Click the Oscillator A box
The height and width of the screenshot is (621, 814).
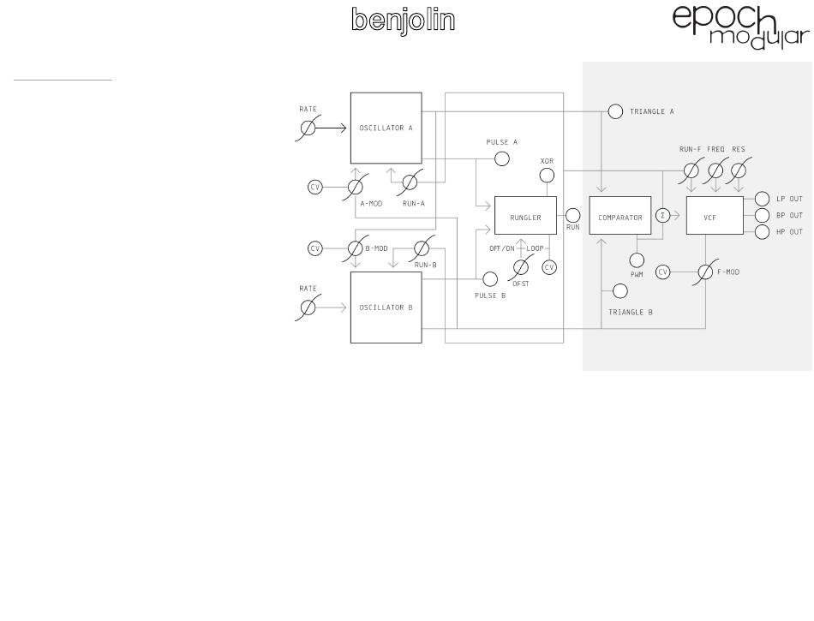point(386,128)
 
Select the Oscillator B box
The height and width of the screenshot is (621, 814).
point(386,308)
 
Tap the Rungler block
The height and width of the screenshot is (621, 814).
point(525,218)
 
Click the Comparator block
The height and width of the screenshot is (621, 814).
point(620,218)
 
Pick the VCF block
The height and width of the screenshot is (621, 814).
point(709,218)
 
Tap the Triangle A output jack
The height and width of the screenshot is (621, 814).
point(615,111)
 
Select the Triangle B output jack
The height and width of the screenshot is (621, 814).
point(619,291)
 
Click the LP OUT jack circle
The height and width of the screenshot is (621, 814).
point(762,199)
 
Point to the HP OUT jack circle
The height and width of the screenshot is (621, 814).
point(762,232)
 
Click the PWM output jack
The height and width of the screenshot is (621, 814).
point(637,260)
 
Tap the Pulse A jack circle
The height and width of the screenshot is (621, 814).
point(502,158)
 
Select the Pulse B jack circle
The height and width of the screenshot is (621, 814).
point(490,278)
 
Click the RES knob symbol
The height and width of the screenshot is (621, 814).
point(738,170)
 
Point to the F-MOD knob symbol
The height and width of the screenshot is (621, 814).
point(705,272)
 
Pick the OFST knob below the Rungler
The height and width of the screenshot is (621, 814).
point(520,267)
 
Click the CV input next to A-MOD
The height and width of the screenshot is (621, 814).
point(315,187)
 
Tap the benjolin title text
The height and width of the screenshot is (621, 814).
point(403,21)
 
